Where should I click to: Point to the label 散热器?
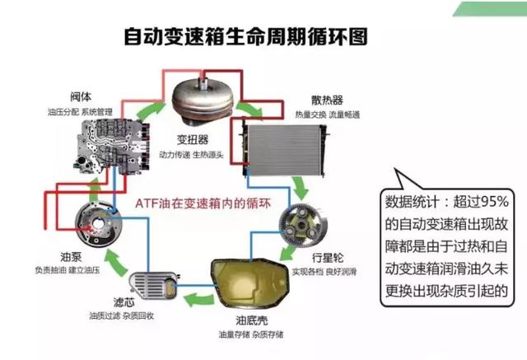point(315,99)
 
